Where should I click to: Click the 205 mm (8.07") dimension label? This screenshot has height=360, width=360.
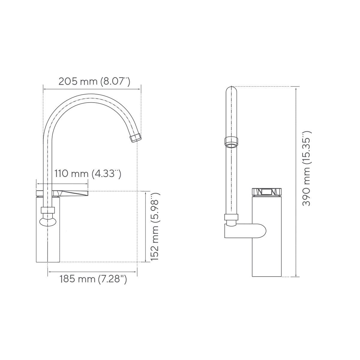click(94, 82)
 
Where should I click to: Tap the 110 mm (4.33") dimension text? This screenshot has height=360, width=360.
click(88, 174)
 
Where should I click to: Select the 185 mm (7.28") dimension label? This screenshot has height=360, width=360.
click(93, 280)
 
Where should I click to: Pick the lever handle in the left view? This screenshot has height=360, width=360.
click(72, 193)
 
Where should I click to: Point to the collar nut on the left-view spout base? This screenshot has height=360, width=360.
click(48, 210)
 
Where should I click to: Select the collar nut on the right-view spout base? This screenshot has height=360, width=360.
click(231, 218)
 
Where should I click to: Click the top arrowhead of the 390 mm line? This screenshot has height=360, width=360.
click(296, 88)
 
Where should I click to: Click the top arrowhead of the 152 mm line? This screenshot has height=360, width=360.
click(145, 192)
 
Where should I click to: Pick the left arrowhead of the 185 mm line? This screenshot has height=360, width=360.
click(49, 272)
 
